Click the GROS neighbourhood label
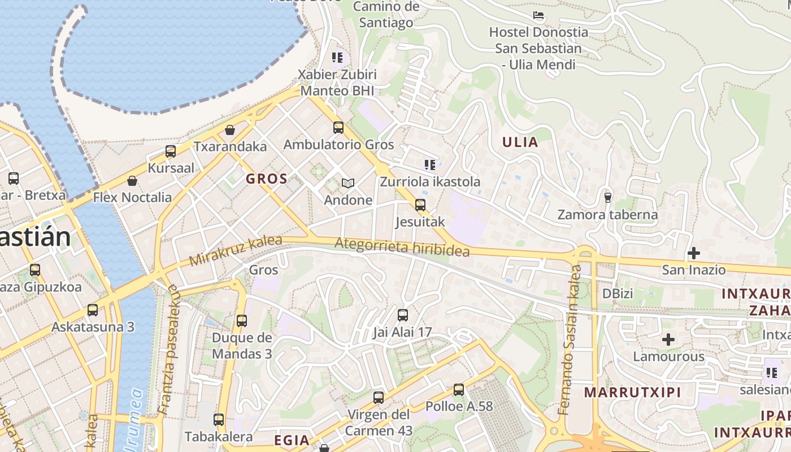(x=267, y=179)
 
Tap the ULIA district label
(x=520, y=142)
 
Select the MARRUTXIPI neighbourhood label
(x=632, y=392)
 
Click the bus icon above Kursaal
(x=171, y=151)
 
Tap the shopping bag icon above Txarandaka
(x=230, y=131)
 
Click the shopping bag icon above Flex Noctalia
(x=132, y=181)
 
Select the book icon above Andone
(x=348, y=183)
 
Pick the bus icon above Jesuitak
(x=420, y=205)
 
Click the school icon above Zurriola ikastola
(x=430, y=165)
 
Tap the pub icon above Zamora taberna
(x=608, y=198)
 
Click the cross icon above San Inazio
(x=694, y=253)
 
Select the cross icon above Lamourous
(x=668, y=340)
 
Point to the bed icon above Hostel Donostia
(x=538, y=15)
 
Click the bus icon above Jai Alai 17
(x=403, y=315)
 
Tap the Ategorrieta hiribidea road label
(x=402, y=247)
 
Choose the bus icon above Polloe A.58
(x=459, y=389)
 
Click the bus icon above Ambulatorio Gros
(x=338, y=128)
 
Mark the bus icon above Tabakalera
(x=219, y=420)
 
